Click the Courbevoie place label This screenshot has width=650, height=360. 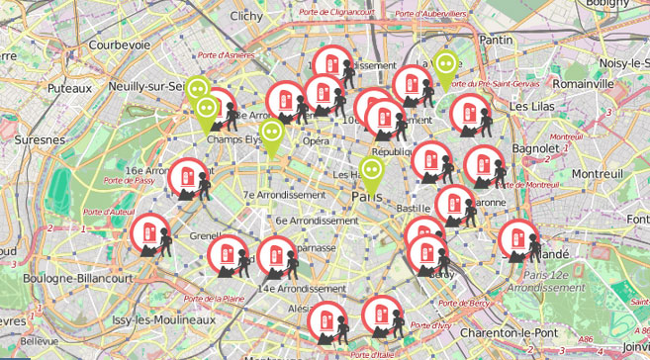coord(119,45)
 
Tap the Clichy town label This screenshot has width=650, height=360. coord(246,16)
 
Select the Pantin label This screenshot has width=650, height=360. coord(495,41)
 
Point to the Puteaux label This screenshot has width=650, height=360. coord(68,89)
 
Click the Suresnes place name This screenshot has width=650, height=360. coord(39,140)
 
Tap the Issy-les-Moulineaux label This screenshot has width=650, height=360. coord(163,321)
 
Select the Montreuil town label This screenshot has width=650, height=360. coord(599,173)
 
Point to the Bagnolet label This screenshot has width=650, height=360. coord(538,149)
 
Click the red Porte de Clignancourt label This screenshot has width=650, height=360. coord(339,13)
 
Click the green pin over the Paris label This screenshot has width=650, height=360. coord(372,173)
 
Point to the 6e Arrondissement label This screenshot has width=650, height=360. coord(318,221)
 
